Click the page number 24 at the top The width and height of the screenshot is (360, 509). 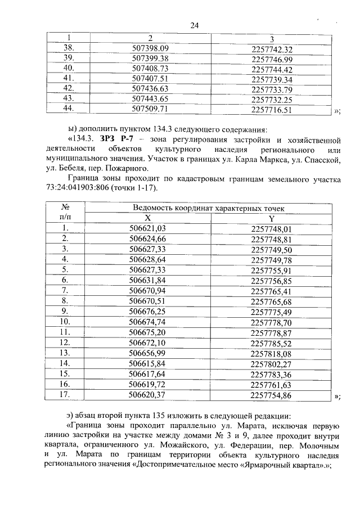[x=195, y=25]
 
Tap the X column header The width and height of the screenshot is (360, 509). [x=147, y=218]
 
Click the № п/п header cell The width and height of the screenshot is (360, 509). [x=65, y=213]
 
